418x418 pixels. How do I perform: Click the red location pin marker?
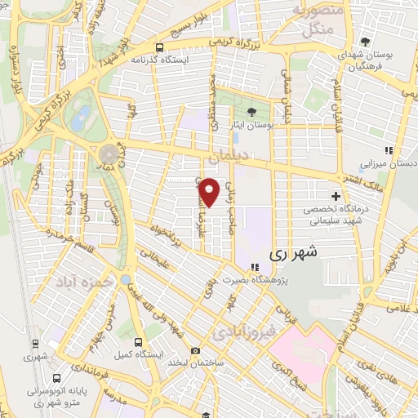[x=210, y=191]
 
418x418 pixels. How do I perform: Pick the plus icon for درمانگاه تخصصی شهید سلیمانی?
[x=336, y=196]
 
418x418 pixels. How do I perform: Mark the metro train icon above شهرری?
[x=36, y=343]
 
